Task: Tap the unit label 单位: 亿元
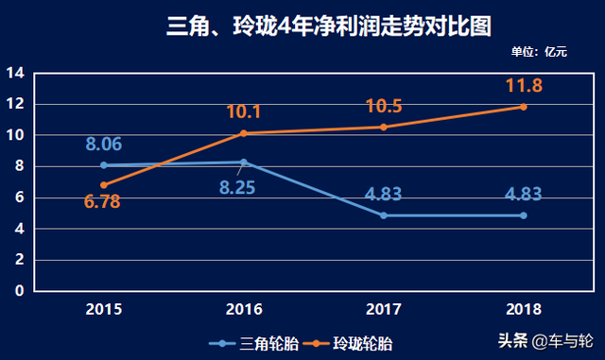pyautogui.click(x=538, y=51)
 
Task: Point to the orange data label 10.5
pyautogui.click(x=384, y=106)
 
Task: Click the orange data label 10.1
pyautogui.click(x=243, y=112)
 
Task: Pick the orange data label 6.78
pyautogui.click(x=103, y=201)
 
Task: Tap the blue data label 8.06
pyautogui.click(x=103, y=145)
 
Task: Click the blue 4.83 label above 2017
pyautogui.click(x=384, y=195)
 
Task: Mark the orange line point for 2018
pyautogui.click(x=523, y=107)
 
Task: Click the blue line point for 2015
pyautogui.click(x=103, y=165)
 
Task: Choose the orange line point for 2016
pyautogui.click(x=243, y=133)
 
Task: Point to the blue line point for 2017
pyautogui.click(x=384, y=215)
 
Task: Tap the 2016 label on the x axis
pyautogui.click(x=243, y=308)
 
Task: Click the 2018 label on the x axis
pyautogui.click(x=523, y=308)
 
